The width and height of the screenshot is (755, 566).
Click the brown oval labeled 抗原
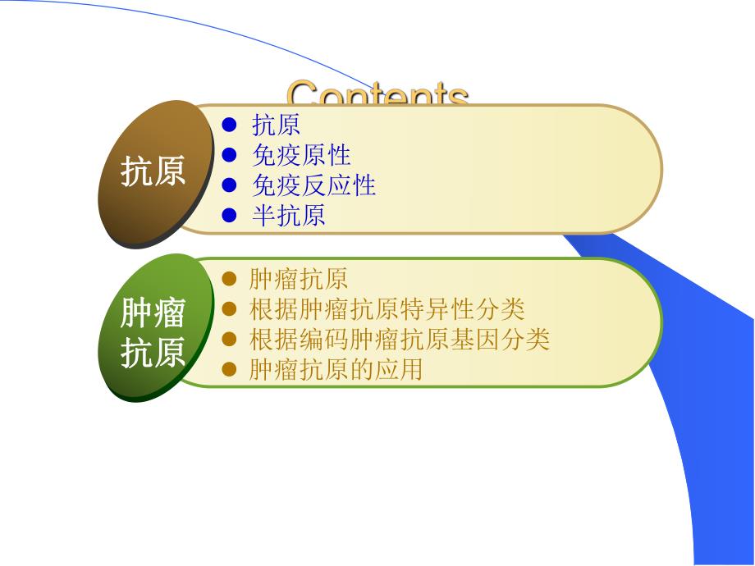tap(153, 173)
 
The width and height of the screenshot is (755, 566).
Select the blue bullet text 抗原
tap(276, 125)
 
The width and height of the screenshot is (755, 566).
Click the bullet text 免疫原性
tap(301, 155)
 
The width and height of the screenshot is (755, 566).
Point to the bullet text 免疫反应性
tap(313, 185)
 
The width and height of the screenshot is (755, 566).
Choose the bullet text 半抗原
tap(288, 215)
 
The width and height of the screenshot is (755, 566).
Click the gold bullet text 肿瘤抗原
tap(299, 280)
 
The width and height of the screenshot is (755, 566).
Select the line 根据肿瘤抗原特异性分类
tap(387, 309)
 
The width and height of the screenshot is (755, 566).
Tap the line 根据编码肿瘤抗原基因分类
tap(399, 340)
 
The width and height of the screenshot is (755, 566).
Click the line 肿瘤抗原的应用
tap(336, 370)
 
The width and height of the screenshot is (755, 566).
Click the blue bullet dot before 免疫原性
tap(230, 155)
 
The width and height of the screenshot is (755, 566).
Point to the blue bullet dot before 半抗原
tap(230, 215)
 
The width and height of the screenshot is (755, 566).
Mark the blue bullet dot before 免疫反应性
tap(230, 185)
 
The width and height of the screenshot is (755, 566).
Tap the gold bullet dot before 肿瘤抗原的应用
tap(230, 370)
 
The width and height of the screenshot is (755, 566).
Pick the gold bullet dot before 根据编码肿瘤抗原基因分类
tap(230, 340)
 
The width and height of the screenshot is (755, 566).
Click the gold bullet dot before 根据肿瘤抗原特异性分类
tap(230, 309)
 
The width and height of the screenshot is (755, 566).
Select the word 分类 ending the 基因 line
tap(525, 340)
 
